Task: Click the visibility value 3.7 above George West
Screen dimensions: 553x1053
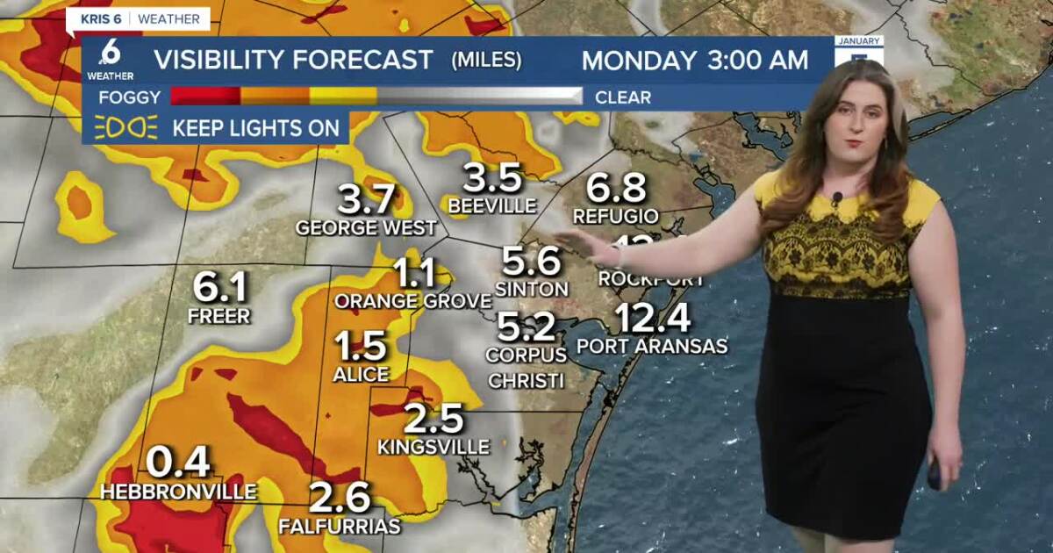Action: (x=367, y=200)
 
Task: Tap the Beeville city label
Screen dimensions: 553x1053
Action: (x=492, y=206)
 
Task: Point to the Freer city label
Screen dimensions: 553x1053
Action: (x=219, y=316)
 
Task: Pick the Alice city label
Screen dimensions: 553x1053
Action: (x=361, y=375)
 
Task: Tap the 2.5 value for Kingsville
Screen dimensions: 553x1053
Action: (x=433, y=419)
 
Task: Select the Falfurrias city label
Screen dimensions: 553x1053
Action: (x=340, y=527)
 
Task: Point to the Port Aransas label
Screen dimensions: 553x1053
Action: (x=652, y=347)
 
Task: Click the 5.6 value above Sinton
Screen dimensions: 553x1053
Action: (x=531, y=261)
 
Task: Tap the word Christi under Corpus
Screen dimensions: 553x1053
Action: (x=526, y=381)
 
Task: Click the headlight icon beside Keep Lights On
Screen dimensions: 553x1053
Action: (x=125, y=128)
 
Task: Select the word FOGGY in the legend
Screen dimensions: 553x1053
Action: (x=129, y=97)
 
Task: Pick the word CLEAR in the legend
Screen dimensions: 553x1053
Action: (x=623, y=97)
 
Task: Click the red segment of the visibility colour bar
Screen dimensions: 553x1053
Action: (x=205, y=97)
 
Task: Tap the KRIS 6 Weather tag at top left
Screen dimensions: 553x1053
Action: (x=139, y=18)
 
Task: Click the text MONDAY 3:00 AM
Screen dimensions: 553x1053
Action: (x=695, y=61)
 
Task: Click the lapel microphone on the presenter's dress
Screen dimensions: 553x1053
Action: (x=837, y=198)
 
